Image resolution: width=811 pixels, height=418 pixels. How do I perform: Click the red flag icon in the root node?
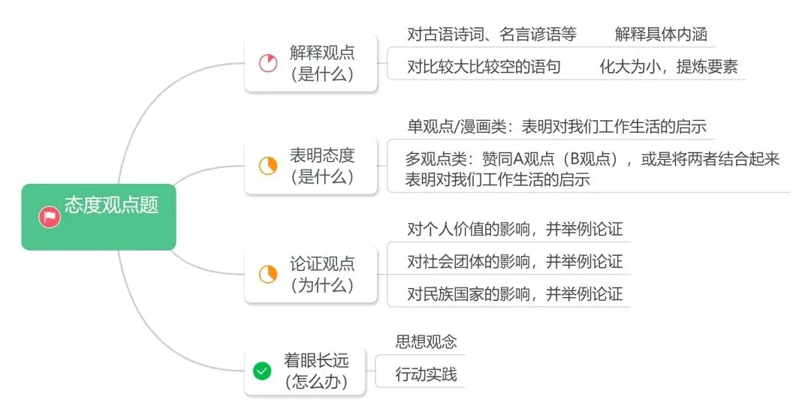coord(50,218)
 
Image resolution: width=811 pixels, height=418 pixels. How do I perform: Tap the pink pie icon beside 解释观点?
coord(268,63)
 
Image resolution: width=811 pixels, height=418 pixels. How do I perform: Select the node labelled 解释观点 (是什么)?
coord(322,63)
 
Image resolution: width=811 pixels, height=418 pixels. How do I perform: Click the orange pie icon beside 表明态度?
coord(268,166)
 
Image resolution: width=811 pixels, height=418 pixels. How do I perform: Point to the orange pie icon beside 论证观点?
coord(268,275)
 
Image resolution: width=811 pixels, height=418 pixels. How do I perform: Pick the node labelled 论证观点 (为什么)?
coord(322,275)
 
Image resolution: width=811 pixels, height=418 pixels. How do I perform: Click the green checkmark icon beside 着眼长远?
coord(262,370)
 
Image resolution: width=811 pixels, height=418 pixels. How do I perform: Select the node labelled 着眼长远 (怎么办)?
coord(316,370)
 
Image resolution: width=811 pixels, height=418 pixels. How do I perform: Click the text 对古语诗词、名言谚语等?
coord(492,34)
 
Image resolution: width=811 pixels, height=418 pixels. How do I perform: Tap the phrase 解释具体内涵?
coord(661,34)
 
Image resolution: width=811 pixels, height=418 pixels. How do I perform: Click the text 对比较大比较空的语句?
coord(484,66)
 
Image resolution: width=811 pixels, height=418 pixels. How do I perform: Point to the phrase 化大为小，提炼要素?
coord(668,66)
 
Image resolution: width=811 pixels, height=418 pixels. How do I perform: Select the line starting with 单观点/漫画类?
coord(556,126)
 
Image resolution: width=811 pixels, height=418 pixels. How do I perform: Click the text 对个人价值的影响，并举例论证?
coord(514,229)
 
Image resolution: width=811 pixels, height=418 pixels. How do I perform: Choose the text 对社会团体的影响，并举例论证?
coord(514,261)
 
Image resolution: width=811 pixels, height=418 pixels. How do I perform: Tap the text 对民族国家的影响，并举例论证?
coord(514,293)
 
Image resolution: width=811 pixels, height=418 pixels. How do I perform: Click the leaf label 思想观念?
coord(426,341)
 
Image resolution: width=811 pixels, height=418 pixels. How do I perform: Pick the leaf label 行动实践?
coord(426,374)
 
